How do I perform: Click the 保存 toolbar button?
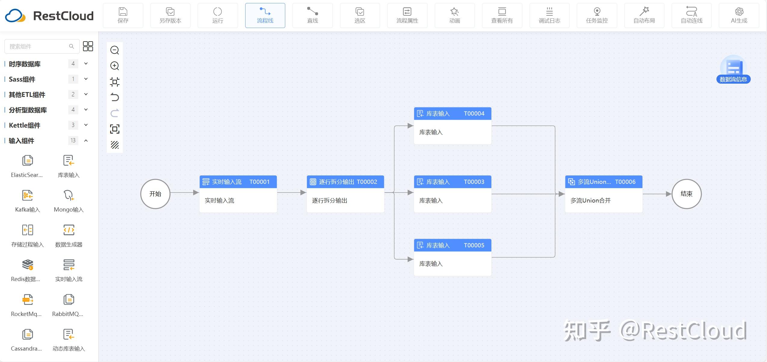click(123, 15)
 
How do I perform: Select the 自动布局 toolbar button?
click(644, 15)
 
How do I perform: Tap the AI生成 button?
click(739, 15)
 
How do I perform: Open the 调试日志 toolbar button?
click(549, 15)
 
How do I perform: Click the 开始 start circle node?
click(155, 194)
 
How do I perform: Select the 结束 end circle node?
click(687, 194)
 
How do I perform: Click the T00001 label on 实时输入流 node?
click(259, 182)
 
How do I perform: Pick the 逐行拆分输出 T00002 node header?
click(345, 182)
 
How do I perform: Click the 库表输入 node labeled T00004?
click(453, 126)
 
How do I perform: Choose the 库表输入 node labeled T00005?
click(453, 257)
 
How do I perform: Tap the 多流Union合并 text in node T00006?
click(590, 200)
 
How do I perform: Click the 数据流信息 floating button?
click(733, 70)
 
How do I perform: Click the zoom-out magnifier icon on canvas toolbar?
click(115, 50)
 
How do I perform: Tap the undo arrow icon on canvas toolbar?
click(115, 97)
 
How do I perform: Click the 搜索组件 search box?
click(42, 46)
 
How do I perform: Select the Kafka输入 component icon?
click(28, 195)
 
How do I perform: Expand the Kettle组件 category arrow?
click(86, 125)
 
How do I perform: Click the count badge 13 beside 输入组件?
click(73, 141)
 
